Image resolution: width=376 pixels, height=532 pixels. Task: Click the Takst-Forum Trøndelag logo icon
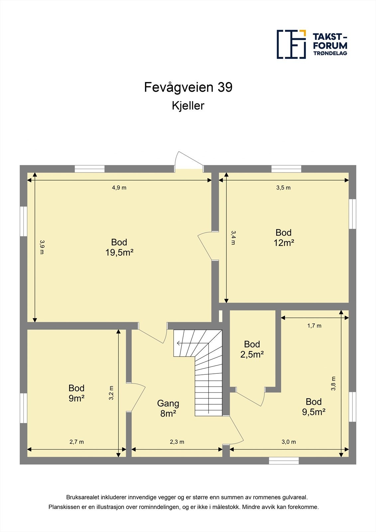click(291, 44)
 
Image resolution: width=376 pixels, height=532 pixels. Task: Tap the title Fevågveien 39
click(188, 87)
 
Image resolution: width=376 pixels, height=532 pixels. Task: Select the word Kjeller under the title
click(188, 106)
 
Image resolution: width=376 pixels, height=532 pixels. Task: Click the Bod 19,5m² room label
click(119, 247)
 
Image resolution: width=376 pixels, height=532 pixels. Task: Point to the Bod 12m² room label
click(284, 238)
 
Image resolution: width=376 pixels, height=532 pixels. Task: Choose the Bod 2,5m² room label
click(252, 349)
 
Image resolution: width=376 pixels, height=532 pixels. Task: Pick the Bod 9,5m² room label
click(313, 407)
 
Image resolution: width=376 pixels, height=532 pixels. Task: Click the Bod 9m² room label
click(76, 393)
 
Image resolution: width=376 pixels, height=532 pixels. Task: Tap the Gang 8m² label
click(168, 408)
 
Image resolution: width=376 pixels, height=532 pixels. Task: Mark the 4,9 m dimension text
click(119, 188)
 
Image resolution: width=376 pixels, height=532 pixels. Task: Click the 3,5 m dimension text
click(283, 188)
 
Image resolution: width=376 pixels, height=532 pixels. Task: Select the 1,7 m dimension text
click(314, 326)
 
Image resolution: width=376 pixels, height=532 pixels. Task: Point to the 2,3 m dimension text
click(177, 442)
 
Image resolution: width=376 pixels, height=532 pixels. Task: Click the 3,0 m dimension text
click(289, 442)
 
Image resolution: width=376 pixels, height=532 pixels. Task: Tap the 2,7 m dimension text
click(76, 442)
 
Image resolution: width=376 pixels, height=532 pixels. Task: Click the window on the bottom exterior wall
click(284, 461)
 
